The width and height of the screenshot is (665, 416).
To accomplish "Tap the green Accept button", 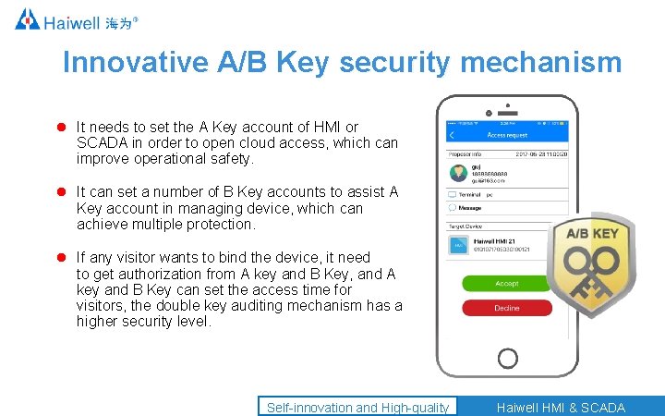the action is coord(506,284).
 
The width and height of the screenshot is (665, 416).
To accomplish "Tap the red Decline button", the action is coord(506,308).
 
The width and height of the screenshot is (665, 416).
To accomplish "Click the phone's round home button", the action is coord(507,358).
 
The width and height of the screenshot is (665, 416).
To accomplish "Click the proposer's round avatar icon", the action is coord(456,173).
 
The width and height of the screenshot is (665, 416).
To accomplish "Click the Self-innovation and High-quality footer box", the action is coord(357,407).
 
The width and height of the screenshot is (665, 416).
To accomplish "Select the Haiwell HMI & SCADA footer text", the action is coord(561,407).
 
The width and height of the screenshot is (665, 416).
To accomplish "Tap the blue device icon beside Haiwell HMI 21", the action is coord(457,245).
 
